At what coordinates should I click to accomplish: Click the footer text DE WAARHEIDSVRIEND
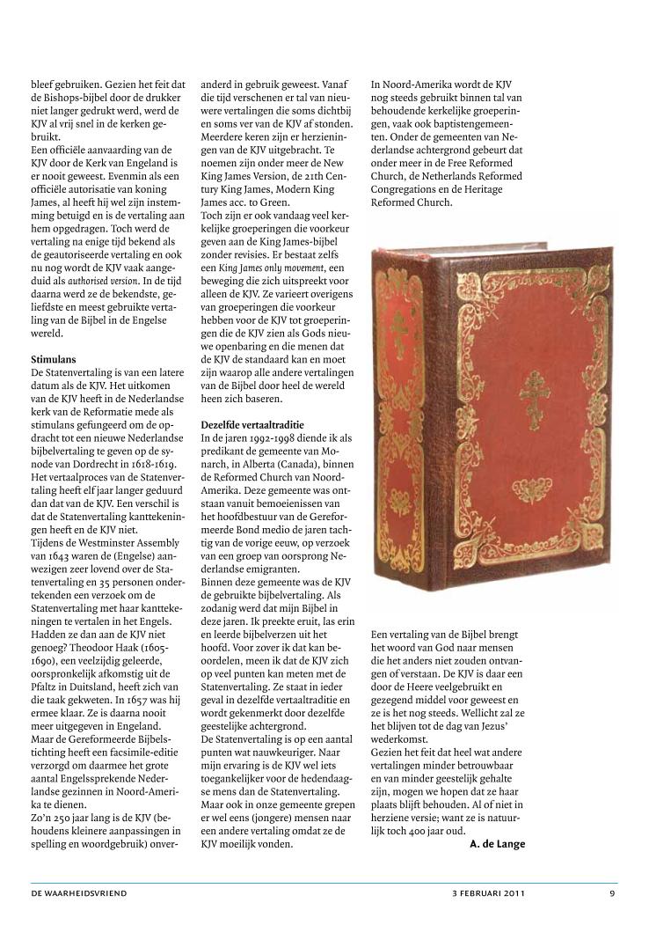(79, 892)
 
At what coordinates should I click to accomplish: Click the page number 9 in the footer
(611, 892)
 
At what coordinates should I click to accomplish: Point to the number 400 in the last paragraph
(435, 831)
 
